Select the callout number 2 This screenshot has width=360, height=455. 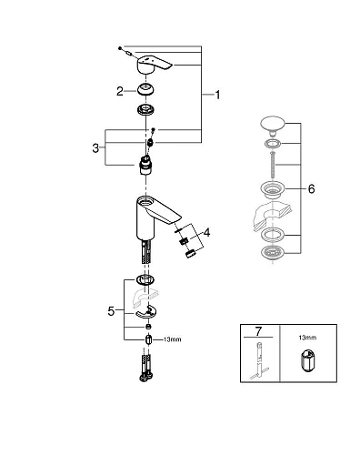(119, 90)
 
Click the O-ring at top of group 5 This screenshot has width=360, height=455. (145, 279)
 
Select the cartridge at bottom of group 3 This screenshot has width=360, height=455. (146, 165)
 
